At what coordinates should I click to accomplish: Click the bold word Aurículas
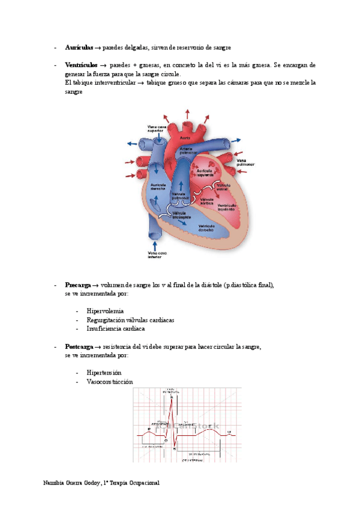point(79,47)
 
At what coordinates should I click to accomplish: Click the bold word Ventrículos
point(81,65)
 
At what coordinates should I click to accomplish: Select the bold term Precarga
point(77,285)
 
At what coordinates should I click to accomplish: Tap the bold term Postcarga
point(79,347)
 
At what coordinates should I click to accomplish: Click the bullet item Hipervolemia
point(105,311)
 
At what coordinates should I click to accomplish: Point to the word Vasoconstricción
point(110,382)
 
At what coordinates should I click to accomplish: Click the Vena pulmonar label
point(245,163)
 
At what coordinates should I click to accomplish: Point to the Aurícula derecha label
point(158,186)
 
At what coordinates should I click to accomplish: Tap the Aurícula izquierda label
point(209,172)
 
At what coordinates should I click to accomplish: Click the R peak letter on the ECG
point(173,397)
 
